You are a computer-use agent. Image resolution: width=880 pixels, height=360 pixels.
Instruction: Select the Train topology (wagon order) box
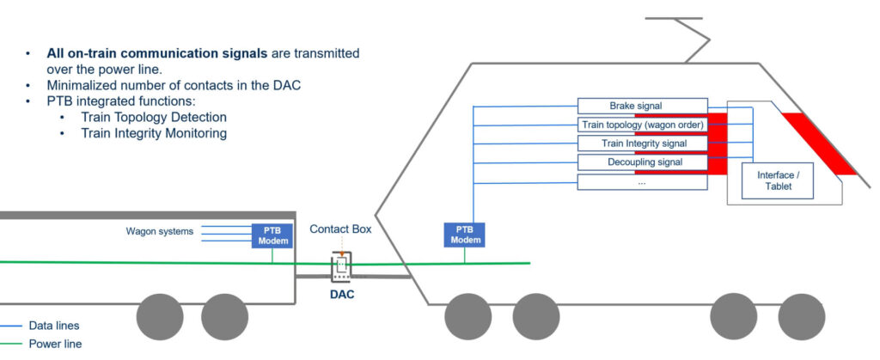[642, 125]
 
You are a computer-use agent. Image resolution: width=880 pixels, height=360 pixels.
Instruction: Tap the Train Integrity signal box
[642, 143]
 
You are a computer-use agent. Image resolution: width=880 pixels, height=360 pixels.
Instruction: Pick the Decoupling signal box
[642, 162]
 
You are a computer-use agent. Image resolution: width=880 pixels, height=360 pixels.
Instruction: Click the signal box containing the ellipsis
[642, 182]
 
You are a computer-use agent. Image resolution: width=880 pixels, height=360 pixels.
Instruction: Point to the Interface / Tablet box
[779, 180]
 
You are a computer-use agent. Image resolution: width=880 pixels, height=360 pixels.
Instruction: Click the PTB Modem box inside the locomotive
[465, 235]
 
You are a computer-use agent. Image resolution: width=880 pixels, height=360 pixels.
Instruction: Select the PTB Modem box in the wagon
[272, 235]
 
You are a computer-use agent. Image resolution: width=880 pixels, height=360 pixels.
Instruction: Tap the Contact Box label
[339, 229]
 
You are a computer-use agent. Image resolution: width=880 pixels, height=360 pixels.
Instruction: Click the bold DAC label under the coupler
[342, 294]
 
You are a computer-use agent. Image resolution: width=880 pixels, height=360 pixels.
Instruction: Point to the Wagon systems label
[160, 231]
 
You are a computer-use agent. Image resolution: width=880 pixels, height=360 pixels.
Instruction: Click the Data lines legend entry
[53, 326]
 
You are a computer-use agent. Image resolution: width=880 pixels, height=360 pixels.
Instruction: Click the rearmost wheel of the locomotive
[467, 317]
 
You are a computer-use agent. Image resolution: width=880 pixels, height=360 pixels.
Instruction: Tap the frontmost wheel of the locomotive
[802, 317]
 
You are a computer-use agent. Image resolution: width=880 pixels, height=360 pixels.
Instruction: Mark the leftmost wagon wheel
[160, 317]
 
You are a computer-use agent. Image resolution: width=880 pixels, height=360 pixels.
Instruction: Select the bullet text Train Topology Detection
[154, 117]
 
